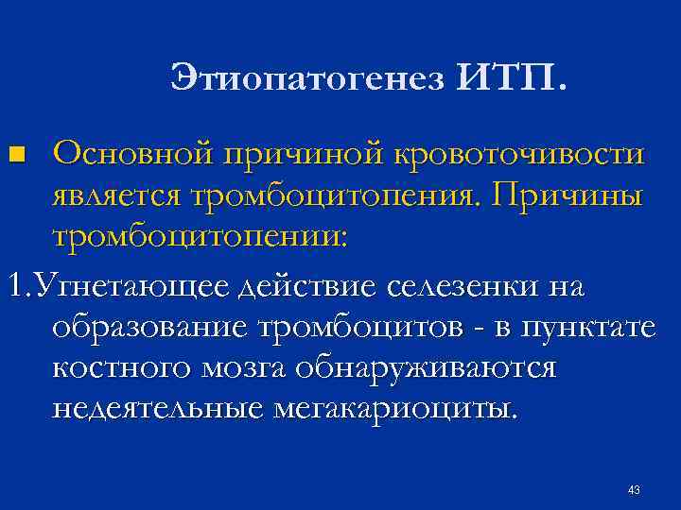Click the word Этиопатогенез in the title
308,77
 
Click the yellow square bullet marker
17,155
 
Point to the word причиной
304,156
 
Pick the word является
116,196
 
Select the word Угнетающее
131,287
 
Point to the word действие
308,286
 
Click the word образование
149,329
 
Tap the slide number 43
634,490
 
